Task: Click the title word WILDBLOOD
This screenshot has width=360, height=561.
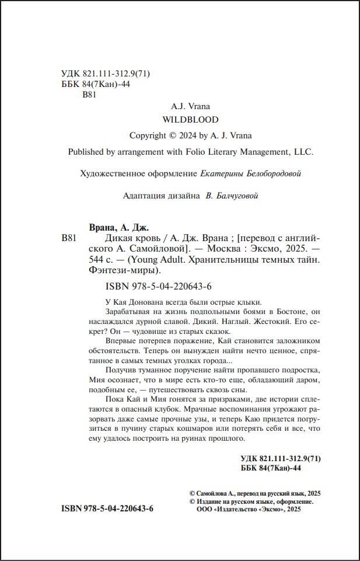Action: tap(190, 120)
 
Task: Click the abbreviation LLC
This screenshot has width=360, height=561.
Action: tap(302, 152)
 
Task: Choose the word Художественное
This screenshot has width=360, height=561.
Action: tap(107, 173)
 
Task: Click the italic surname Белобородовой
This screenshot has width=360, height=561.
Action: tap(270, 173)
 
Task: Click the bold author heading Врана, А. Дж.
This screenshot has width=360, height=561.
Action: tap(118, 227)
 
